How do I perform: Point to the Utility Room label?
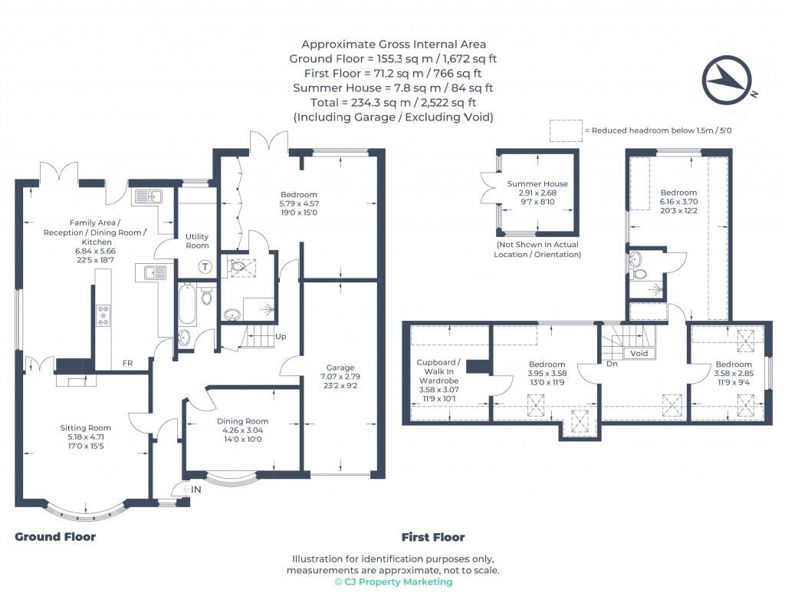[x=197, y=241]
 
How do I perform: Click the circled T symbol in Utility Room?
[x=205, y=267]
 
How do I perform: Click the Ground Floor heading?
[x=55, y=537]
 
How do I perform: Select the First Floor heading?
[x=433, y=537]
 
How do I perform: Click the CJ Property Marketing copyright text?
[x=393, y=582]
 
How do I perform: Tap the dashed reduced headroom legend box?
[x=565, y=130]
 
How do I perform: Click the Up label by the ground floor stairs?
[x=281, y=337]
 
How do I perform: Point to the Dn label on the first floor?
[x=612, y=364]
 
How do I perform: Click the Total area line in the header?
[x=393, y=103]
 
